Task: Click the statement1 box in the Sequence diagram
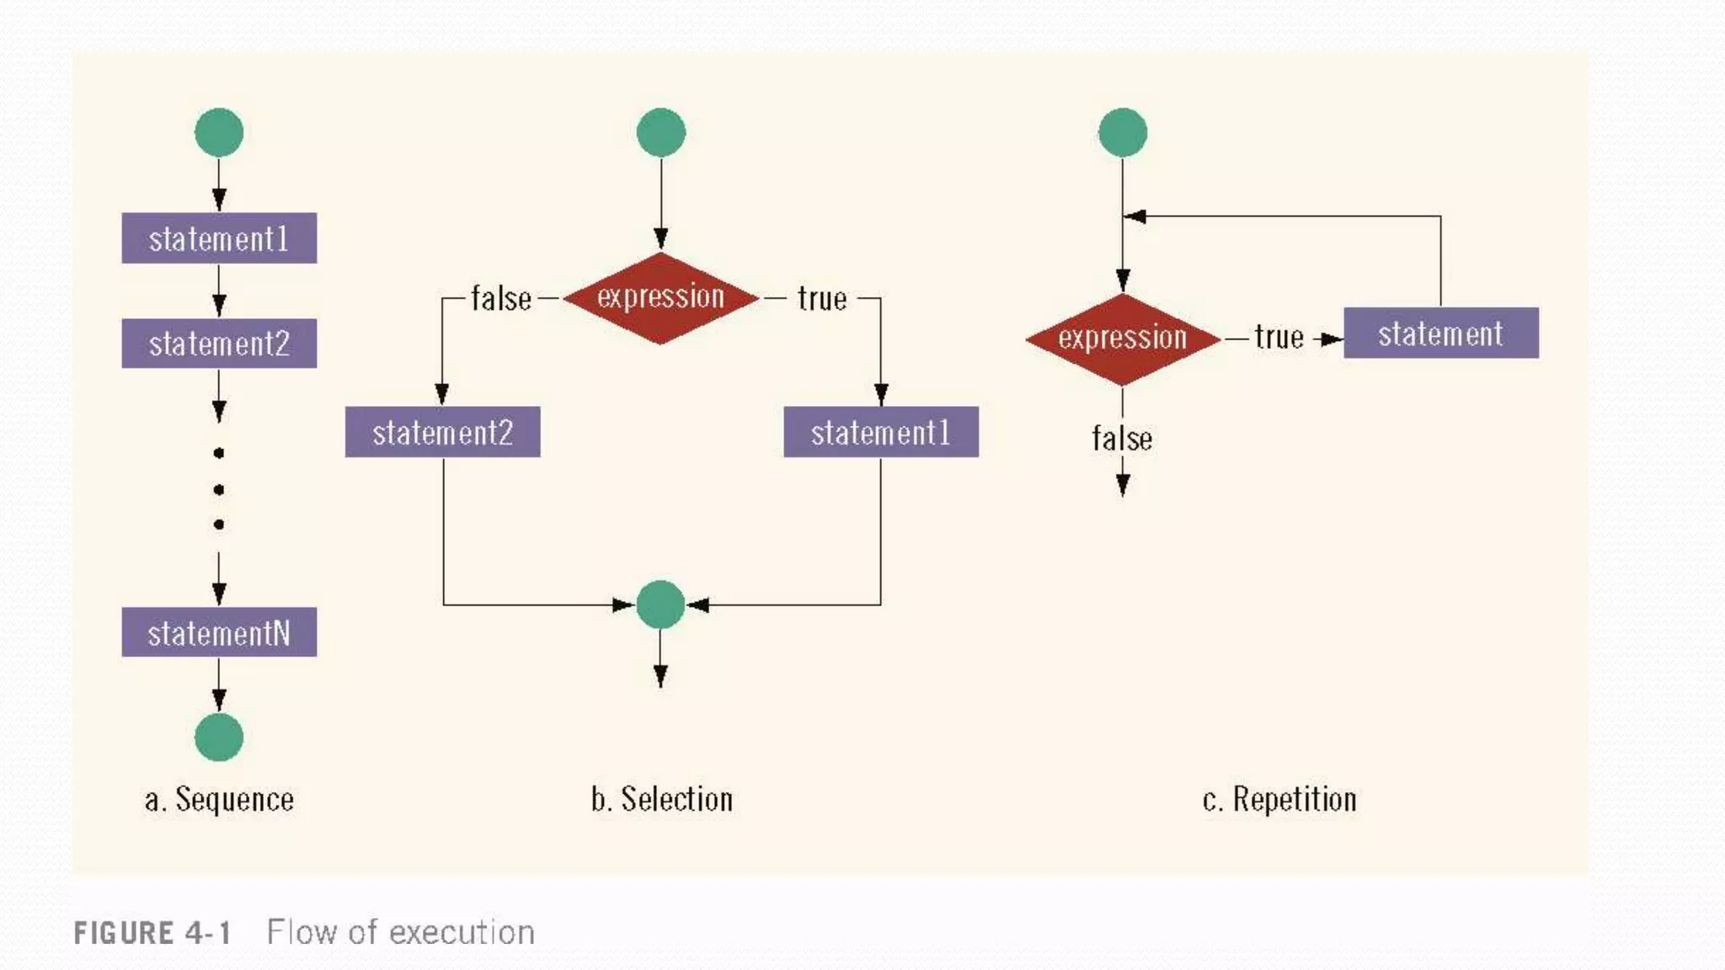point(219,238)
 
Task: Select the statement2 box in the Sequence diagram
point(219,344)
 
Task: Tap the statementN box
point(219,632)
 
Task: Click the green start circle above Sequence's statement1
point(219,132)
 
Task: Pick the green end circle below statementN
point(219,738)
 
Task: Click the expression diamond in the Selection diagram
point(661,297)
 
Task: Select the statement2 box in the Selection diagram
point(443,432)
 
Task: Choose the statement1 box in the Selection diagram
point(881,432)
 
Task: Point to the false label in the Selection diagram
point(501,299)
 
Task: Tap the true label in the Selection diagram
point(822,299)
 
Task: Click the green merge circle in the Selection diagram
point(660,605)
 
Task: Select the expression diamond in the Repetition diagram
point(1123,338)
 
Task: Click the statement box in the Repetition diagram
point(1441,333)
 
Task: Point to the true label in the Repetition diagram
point(1279,338)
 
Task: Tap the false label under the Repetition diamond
point(1122,439)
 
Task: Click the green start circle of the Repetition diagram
point(1123,132)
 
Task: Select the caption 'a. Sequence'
point(219,799)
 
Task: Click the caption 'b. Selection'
point(662,799)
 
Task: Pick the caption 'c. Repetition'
point(1279,799)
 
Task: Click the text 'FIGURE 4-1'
point(152,933)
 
